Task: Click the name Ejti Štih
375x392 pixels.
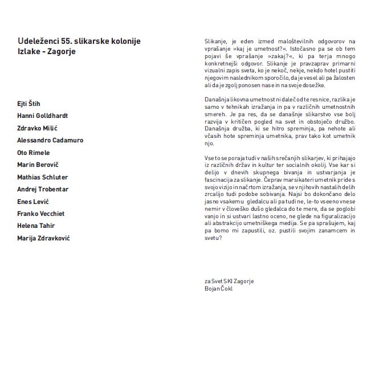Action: tap(28, 104)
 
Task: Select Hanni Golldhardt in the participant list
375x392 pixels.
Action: tap(42, 116)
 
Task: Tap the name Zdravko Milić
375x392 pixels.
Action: tap(37, 128)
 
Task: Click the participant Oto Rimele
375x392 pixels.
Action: tap(34, 153)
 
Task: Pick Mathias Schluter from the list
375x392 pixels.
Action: tap(42, 177)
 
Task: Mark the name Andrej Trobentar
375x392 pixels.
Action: tap(43, 189)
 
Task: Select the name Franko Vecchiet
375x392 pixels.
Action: tap(42, 214)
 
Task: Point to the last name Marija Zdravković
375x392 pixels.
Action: tap(43, 238)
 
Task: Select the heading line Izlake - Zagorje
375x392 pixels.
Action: tap(46, 51)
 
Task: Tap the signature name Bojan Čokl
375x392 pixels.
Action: tap(218, 288)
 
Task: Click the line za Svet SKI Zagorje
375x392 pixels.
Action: tap(229, 281)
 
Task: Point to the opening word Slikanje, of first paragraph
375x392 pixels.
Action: tap(217, 41)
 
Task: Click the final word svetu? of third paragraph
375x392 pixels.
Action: tap(213, 238)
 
